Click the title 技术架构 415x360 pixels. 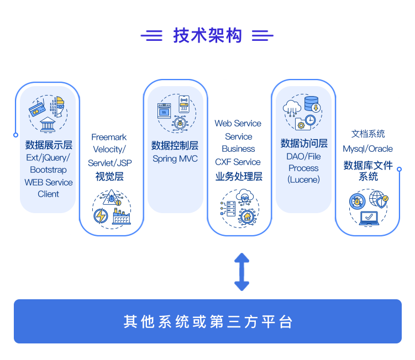point(207,36)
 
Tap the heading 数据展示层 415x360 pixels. point(49,145)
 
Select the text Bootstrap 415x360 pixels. point(48,170)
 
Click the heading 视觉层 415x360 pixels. point(109,176)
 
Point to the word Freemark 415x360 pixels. point(109,137)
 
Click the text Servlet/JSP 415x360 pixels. point(109,163)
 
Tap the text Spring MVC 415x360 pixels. point(175,158)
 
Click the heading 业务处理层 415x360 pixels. point(239,176)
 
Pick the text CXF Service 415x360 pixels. point(238,162)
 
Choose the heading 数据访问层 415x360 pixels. point(303,144)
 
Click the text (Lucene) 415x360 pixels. point(303,179)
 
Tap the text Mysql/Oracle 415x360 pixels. point(367,149)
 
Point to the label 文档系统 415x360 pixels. point(368,134)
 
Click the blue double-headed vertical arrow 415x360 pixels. point(241,272)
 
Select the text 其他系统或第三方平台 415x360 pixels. point(207,321)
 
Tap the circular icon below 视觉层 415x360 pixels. point(112,208)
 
